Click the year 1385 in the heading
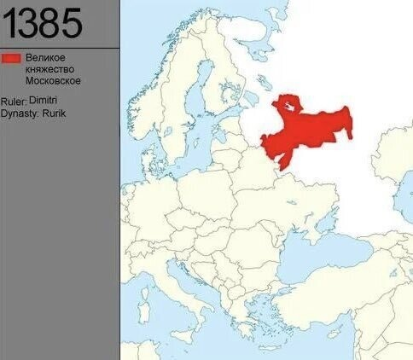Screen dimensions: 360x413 42,24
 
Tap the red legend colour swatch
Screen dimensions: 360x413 11,58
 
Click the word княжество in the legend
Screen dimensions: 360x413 49,69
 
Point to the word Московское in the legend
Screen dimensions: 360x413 54,81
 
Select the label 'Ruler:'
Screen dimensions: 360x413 14,102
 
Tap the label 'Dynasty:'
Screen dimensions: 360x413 18,113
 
